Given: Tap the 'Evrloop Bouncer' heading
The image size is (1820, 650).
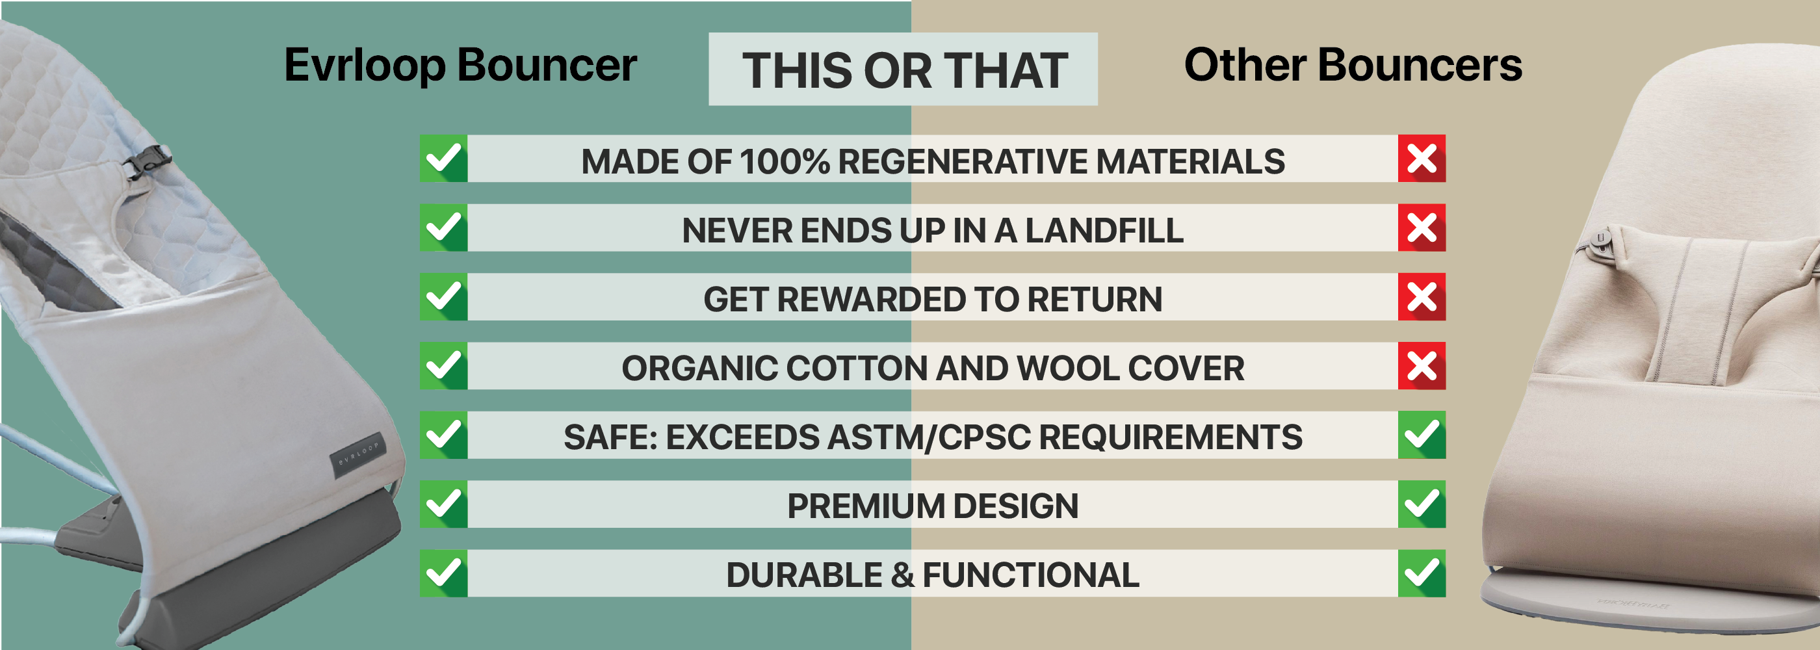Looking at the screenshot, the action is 461,65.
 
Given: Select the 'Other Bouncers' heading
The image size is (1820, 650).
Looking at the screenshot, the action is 1353,65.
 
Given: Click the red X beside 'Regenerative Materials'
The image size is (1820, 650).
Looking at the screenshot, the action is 1422,158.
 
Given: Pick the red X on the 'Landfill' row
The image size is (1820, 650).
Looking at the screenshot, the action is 1422,227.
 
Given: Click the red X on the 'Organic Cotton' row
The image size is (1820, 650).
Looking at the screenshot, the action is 1422,366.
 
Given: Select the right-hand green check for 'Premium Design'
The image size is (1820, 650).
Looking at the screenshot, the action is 1422,504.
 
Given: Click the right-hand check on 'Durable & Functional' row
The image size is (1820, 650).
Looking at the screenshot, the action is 1422,573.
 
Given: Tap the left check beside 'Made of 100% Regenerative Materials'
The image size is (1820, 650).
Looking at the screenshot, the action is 444,158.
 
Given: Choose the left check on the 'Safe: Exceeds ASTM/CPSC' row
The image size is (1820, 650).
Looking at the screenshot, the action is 444,434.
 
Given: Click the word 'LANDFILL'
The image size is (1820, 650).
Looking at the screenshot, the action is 1104,230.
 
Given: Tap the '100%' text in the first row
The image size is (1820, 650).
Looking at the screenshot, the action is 785,161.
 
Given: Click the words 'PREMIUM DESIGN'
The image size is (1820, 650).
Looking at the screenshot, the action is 933,506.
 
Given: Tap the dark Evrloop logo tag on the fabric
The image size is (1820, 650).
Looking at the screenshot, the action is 359,455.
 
